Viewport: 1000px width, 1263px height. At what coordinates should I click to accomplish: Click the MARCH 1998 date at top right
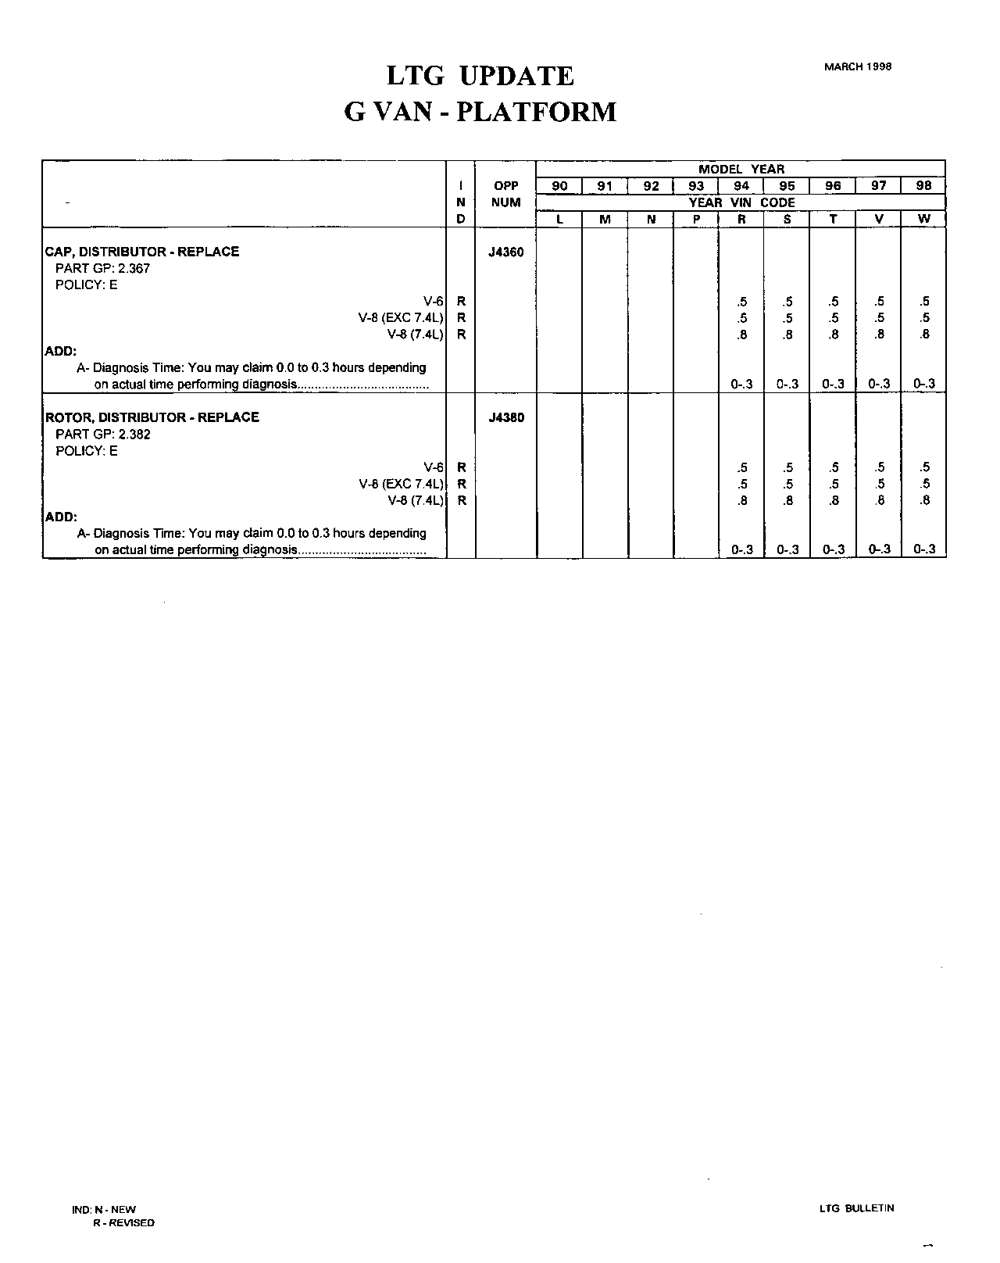coord(857,66)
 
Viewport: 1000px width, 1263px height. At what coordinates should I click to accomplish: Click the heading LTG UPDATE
coord(480,76)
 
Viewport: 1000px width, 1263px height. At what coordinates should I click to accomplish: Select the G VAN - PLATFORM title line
coord(480,112)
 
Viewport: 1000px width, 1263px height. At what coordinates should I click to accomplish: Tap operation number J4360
coord(506,252)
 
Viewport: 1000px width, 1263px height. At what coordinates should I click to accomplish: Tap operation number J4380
coord(506,417)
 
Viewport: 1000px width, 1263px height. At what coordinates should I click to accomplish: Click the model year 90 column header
coord(559,186)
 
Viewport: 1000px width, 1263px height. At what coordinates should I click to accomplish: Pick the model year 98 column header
coord(923,186)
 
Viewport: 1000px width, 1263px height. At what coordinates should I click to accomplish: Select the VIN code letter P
coord(696,220)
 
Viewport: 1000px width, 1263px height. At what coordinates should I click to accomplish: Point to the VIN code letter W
coord(923,219)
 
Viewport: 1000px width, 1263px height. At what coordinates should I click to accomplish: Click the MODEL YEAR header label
coord(741,169)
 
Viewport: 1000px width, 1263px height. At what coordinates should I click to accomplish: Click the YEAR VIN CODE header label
coord(741,202)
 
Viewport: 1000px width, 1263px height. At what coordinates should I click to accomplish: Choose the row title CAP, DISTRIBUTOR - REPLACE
coord(142,252)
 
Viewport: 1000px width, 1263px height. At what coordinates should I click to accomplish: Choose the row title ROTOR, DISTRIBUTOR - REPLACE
coord(152,417)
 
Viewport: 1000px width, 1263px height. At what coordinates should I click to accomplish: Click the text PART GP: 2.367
coord(102,268)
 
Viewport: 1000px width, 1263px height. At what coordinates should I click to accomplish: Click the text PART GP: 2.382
coord(102,434)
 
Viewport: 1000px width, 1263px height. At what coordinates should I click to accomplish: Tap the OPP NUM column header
coord(506,195)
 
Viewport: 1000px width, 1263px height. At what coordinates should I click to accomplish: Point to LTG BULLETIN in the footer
coord(856,1208)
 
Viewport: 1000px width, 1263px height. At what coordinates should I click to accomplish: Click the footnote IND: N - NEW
coord(104,1209)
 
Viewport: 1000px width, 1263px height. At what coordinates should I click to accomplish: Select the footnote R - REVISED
coord(123,1222)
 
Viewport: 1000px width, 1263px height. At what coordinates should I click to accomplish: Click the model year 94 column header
coord(741,186)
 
